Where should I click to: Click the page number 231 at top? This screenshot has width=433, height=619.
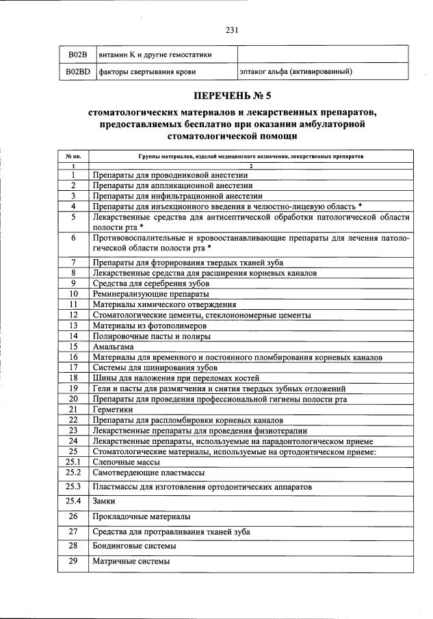coord(231,29)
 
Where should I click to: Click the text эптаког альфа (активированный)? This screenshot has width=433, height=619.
coord(296,71)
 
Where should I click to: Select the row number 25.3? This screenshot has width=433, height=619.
coord(73,486)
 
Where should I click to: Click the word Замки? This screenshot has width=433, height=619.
coord(104,501)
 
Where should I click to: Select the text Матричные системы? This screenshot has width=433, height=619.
coord(131,562)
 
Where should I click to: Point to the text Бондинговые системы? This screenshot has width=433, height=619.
coord(134,546)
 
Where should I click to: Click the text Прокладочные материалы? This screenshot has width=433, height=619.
coord(141,516)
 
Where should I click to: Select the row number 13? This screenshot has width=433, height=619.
coord(73,326)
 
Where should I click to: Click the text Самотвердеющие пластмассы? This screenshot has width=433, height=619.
coord(148,473)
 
